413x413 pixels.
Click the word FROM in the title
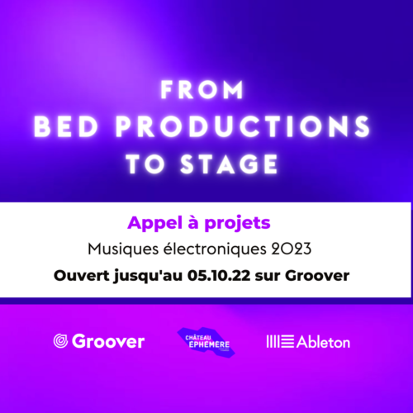pyautogui.click(x=202, y=90)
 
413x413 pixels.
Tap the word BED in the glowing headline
pyautogui.click(x=66, y=126)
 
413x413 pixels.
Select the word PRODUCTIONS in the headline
pyautogui.click(x=243, y=126)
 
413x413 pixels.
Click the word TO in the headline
pyautogui.click(x=145, y=164)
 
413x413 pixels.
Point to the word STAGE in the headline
pyautogui.click(x=229, y=164)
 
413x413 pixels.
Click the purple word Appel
pyautogui.click(x=155, y=224)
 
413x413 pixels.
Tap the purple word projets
pyautogui.click(x=237, y=224)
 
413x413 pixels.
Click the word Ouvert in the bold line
pyautogui.click(x=82, y=275)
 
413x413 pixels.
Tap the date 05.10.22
pyautogui.click(x=219, y=275)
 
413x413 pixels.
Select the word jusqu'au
pyautogui.click(x=148, y=276)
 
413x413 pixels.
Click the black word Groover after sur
pyautogui.click(x=317, y=275)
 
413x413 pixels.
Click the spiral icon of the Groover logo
pyautogui.click(x=60, y=341)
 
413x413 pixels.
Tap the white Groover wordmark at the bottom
pyautogui.click(x=108, y=341)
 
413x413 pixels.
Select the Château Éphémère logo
pyautogui.click(x=206, y=342)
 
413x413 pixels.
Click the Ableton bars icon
pyautogui.click(x=280, y=341)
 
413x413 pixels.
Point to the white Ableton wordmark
pyautogui.click(x=324, y=342)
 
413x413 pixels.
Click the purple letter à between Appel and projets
pyautogui.click(x=193, y=222)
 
